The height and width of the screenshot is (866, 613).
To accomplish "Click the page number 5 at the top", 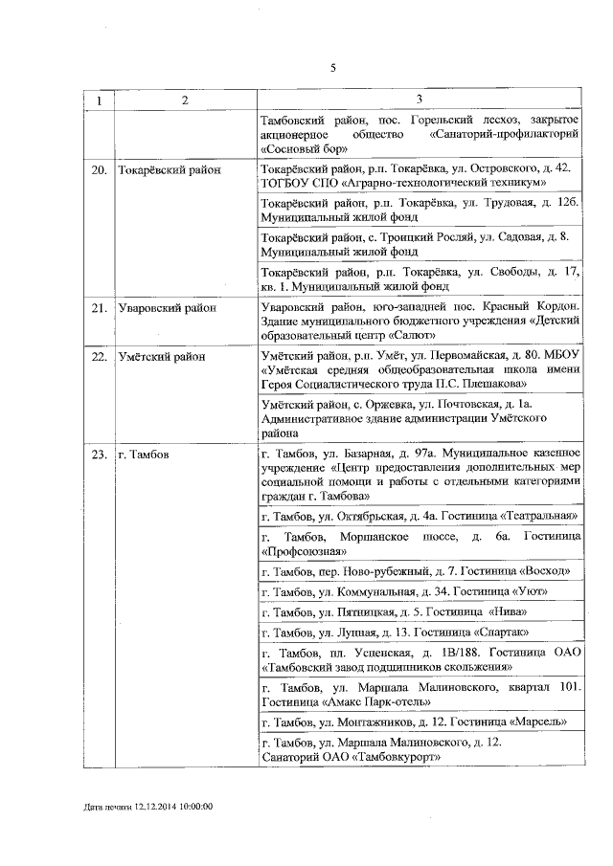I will pos(332,68).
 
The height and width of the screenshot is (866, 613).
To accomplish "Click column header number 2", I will pos(186,100).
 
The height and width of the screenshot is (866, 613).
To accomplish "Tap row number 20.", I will pos(97,168).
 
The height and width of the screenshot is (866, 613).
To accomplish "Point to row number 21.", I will pos(97,308).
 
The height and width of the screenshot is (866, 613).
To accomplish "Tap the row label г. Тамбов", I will pos(143,455).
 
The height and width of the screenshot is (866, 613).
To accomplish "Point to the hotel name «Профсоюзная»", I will pos(302,551).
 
